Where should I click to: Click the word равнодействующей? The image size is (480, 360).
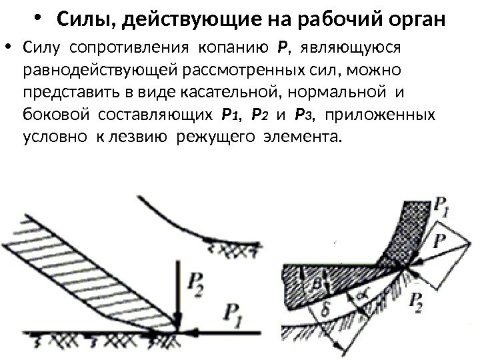tap(89, 70)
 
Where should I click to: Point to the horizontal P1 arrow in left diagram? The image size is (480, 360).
tap(220, 331)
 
